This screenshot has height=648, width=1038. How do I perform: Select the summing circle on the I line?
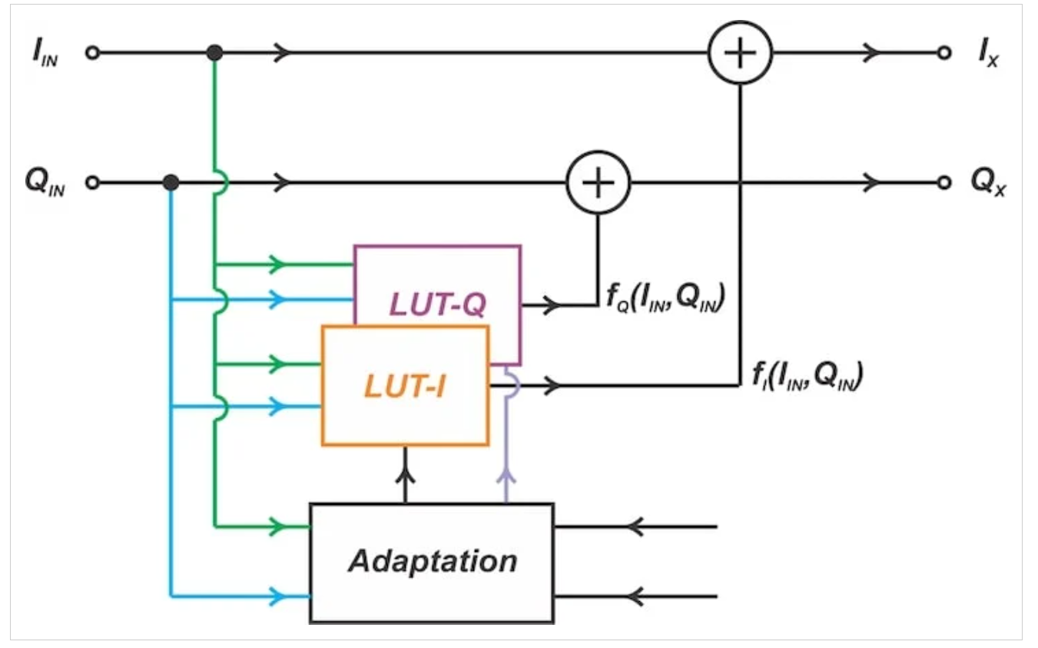[739, 54]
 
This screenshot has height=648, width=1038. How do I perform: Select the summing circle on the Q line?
[598, 183]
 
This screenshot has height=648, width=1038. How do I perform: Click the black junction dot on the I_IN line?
[215, 53]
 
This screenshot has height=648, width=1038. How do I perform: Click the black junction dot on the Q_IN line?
[171, 183]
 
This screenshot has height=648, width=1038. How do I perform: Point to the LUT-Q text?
[436, 305]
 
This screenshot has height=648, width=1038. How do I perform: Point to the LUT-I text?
[405, 386]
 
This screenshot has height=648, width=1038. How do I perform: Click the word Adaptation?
[433, 561]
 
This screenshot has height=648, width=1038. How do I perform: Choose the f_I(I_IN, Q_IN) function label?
[806, 376]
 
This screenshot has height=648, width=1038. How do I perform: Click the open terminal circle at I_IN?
[93, 54]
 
